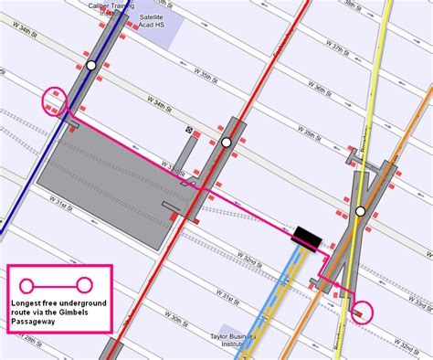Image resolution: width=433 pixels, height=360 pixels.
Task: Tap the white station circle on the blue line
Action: click(x=90, y=66)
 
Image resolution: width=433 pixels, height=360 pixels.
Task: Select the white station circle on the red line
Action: click(x=226, y=142)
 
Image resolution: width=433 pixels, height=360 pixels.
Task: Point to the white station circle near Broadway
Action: click(x=361, y=211)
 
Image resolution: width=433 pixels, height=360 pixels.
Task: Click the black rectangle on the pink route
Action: click(x=306, y=238)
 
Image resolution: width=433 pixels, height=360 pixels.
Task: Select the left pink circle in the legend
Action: click(x=27, y=283)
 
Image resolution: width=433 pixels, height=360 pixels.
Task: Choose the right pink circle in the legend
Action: click(x=85, y=283)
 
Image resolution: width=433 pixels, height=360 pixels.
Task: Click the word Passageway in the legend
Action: click(x=37, y=322)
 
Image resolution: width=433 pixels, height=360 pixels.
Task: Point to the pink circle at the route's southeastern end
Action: click(x=363, y=312)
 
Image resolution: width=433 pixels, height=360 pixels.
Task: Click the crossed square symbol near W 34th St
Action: click(x=189, y=131)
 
